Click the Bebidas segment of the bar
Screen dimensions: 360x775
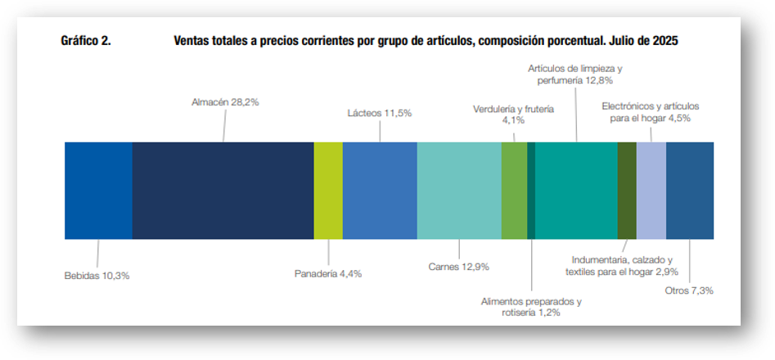98,190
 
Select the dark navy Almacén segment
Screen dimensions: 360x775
223,190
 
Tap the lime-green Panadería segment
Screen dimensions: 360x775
328,190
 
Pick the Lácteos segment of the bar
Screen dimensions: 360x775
380,190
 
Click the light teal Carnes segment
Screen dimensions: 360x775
459,190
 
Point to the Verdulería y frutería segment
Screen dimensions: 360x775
514,190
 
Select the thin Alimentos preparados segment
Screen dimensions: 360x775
531,190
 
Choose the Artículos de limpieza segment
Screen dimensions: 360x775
576,190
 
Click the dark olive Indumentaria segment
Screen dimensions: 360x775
627,190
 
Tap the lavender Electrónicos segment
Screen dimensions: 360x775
651,190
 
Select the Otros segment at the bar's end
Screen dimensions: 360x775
690,190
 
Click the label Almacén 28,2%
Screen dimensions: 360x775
220,102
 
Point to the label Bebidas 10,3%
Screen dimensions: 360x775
97,276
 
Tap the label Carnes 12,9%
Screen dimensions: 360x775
459,267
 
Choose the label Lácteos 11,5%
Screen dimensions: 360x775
380,112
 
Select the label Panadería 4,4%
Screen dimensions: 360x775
327,273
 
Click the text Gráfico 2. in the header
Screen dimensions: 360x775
86,39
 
